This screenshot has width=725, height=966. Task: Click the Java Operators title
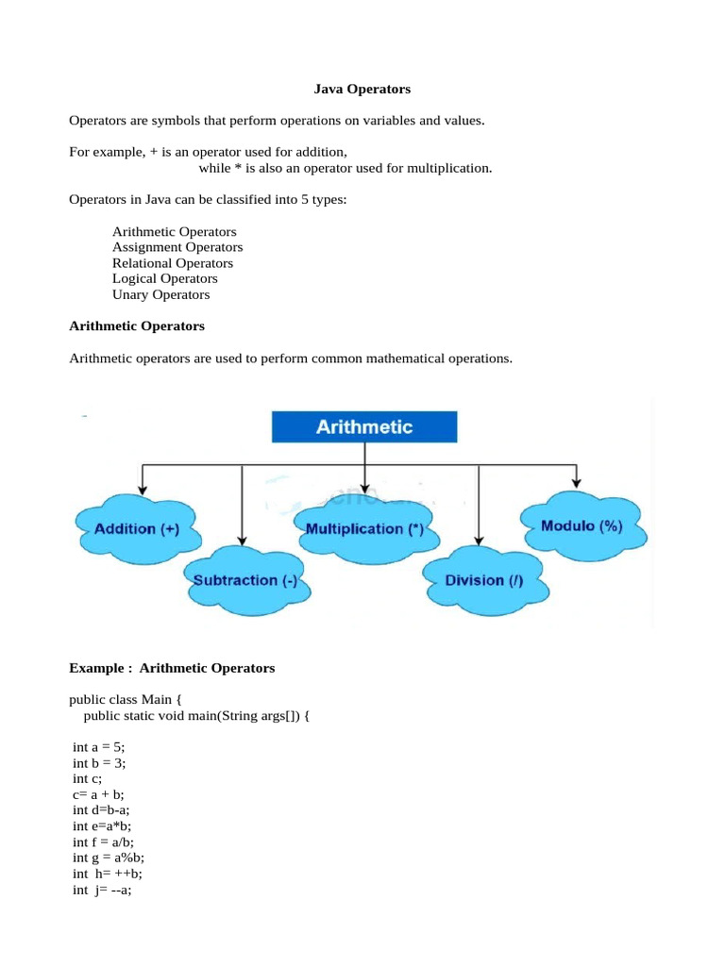pyautogui.click(x=362, y=90)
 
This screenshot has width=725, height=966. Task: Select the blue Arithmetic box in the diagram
pyautogui.click(x=364, y=426)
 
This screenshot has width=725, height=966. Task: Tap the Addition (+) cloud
pyautogui.click(x=137, y=529)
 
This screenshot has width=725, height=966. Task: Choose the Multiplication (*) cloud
pyautogui.click(x=364, y=529)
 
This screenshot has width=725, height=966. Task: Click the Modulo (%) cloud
pyautogui.click(x=582, y=526)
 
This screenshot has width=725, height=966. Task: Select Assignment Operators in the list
pyautogui.click(x=177, y=247)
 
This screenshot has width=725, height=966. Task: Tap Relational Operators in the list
pyautogui.click(x=173, y=263)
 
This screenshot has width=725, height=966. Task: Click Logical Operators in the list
pyautogui.click(x=165, y=278)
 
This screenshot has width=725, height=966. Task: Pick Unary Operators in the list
pyautogui.click(x=161, y=294)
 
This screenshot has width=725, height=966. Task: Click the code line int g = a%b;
pyautogui.click(x=109, y=858)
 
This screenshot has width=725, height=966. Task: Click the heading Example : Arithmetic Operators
pyautogui.click(x=172, y=668)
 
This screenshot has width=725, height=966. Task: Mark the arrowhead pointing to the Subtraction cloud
pyautogui.click(x=244, y=541)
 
